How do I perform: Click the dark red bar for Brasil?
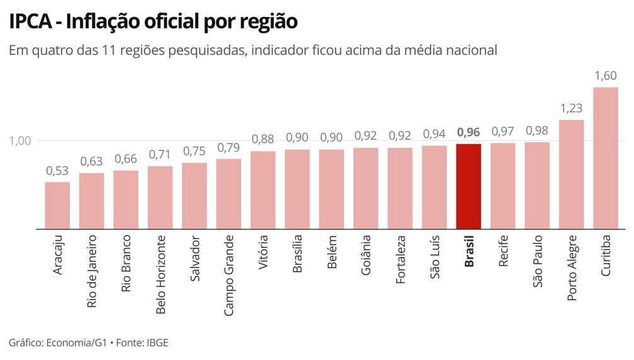coord(469,186)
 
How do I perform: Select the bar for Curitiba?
coord(606,158)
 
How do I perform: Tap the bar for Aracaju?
coord(57,205)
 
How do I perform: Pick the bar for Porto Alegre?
coord(571,174)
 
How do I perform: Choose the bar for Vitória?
coord(263,190)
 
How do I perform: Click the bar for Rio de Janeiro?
coord(91,201)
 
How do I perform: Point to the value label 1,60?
coord(606,76)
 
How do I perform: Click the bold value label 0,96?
coord(469,132)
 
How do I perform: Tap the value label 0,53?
coord(57,171)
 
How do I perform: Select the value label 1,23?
coord(571,108)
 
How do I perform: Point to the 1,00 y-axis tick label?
coord(20,140)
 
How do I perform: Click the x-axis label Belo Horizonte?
coord(160,274)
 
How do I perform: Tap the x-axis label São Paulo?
coord(537,262)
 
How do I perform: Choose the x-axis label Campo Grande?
coord(229,275)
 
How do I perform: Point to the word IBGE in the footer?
coord(157,343)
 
